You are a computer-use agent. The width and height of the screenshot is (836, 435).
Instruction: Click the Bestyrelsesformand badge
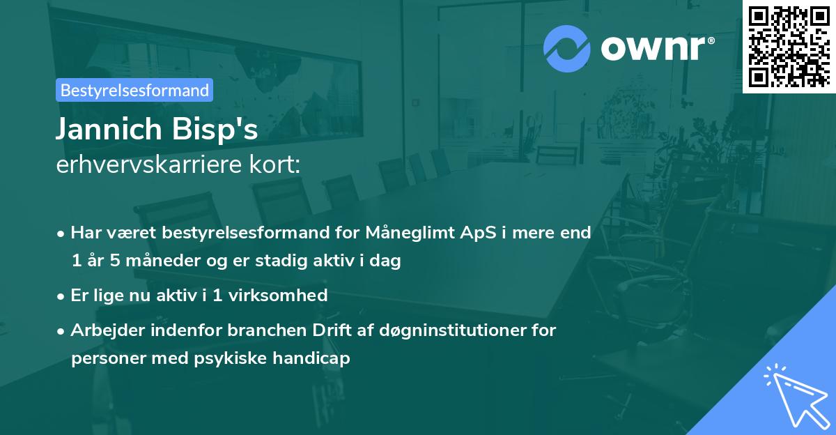(134, 90)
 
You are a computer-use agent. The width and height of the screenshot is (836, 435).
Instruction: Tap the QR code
(789, 46)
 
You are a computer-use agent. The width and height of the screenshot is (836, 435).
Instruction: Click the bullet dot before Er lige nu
(62, 296)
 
